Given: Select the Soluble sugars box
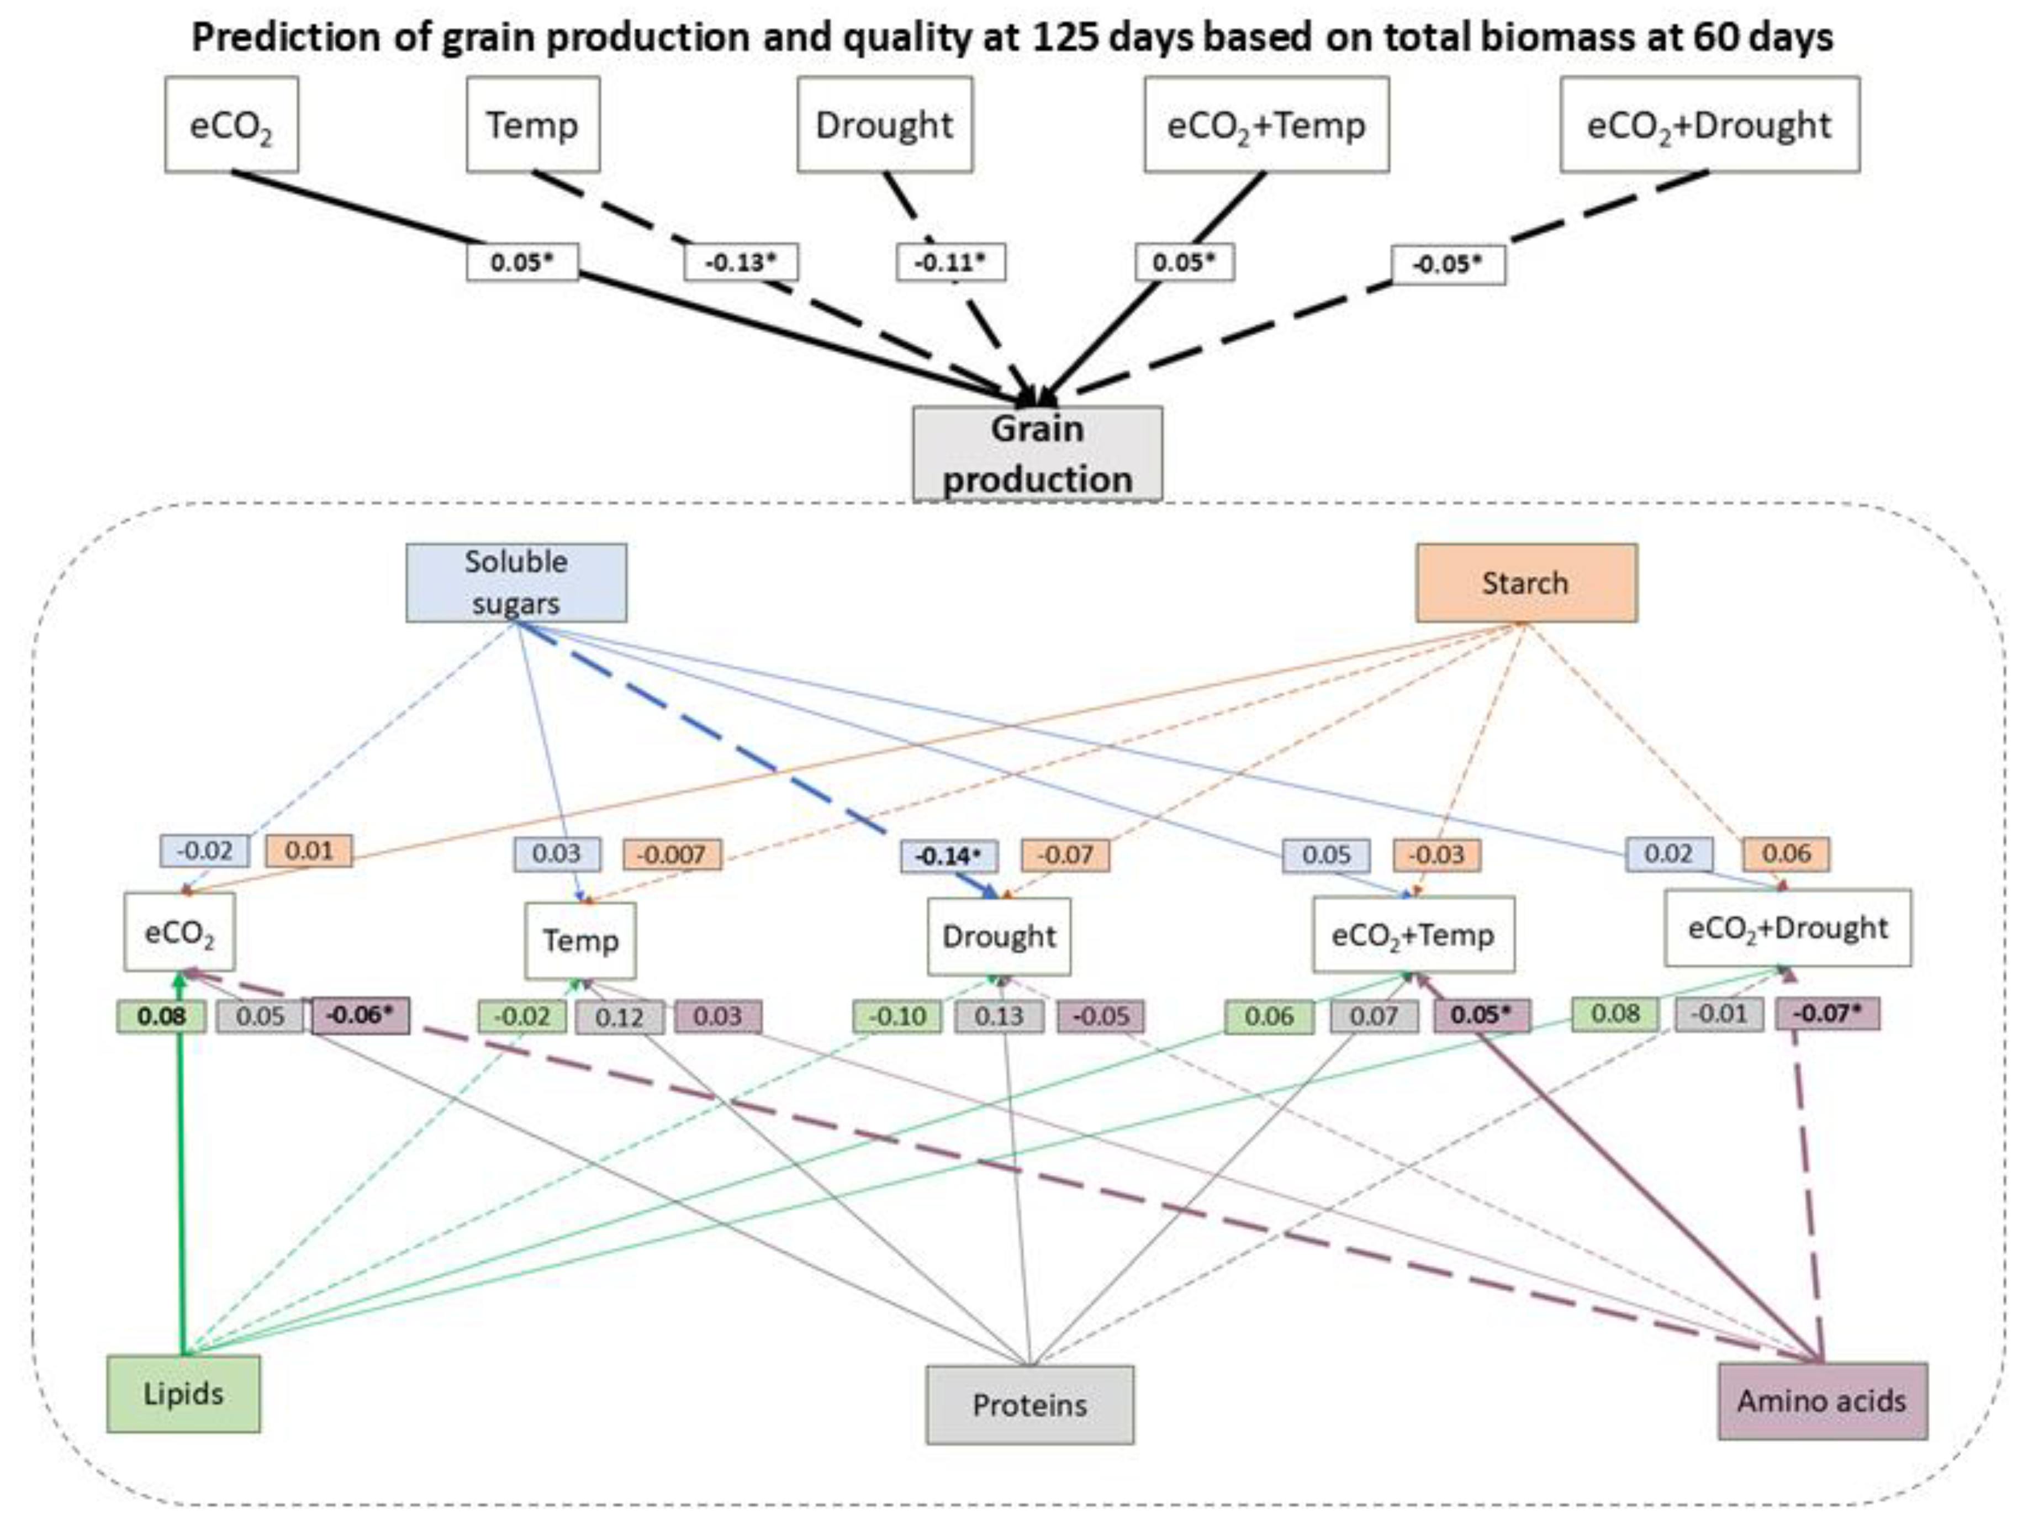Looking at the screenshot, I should (x=516, y=582).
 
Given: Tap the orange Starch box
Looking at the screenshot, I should (x=1525, y=582).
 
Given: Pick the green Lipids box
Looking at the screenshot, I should (x=183, y=1394).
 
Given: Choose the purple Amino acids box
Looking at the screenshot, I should (x=1821, y=1400).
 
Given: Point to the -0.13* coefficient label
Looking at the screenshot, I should (x=741, y=263).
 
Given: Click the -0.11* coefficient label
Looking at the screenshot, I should (x=950, y=263).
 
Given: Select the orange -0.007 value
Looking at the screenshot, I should (x=672, y=854).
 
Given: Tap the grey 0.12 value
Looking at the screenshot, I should (x=620, y=1017).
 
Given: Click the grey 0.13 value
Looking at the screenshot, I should (x=999, y=1017).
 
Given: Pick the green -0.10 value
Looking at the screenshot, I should (x=897, y=1017).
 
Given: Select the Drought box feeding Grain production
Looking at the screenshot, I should (x=885, y=125).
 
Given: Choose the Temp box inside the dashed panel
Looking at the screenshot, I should (x=580, y=940).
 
